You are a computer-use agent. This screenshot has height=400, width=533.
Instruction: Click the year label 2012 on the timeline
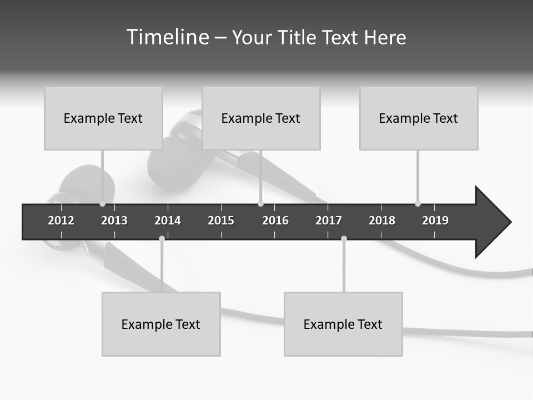(61, 221)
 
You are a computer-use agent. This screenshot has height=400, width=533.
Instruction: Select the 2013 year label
(114, 221)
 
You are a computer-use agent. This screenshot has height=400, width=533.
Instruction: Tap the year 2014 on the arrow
(168, 221)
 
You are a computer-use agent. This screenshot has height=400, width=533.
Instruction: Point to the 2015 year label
(221, 221)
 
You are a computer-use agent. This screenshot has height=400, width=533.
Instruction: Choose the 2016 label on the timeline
(275, 221)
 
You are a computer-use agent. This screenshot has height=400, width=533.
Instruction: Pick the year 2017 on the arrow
(329, 221)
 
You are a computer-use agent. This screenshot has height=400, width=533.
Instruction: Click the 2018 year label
(382, 221)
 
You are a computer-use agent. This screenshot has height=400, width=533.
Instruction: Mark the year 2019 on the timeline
(435, 221)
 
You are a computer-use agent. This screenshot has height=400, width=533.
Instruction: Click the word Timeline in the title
(167, 37)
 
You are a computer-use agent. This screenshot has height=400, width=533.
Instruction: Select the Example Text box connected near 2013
(103, 118)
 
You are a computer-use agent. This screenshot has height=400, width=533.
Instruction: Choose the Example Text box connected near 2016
(261, 118)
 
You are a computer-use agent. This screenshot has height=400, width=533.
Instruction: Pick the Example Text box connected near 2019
(419, 118)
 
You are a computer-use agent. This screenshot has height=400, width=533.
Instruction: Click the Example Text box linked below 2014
(161, 324)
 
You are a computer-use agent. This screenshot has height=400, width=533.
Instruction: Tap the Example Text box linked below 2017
(343, 324)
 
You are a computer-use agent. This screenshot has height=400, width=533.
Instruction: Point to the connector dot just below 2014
(162, 238)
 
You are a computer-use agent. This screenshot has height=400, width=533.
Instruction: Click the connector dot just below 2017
(344, 238)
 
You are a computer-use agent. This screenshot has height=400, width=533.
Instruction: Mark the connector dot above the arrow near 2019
(418, 204)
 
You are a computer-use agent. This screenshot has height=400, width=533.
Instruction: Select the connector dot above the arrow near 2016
(260, 204)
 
